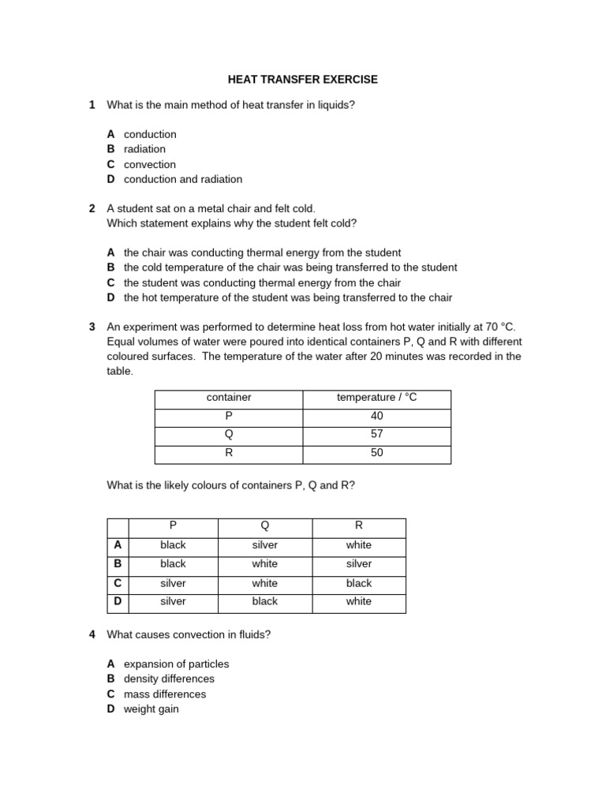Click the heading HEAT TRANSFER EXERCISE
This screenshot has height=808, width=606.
click(302, 80)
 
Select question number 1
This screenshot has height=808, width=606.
click(92, 105)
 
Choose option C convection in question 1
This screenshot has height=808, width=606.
click(149, 164)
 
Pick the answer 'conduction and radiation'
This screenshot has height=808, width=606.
click(182, 179)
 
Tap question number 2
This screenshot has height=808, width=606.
click(92, 208)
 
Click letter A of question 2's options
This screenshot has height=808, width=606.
click(111, 252)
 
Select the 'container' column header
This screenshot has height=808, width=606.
click(228, 398)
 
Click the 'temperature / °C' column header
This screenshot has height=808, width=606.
click(376, 398)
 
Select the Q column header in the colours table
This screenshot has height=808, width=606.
click(264, 526)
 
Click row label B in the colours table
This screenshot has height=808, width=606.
click(118, 564)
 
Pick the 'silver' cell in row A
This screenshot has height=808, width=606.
click(264, 545)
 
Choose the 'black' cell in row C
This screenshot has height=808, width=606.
click(358, 583)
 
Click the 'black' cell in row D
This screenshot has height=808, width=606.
click(264, 601)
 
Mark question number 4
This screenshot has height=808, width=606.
click(92, 634)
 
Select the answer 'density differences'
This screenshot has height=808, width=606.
click(169, 679)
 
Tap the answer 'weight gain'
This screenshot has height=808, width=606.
click(151, 709)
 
